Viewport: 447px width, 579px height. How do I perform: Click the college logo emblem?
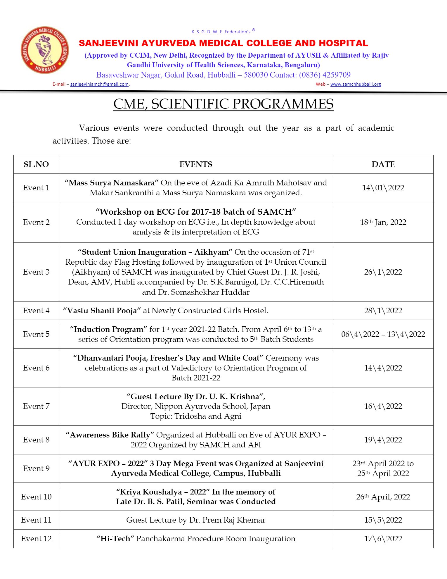coord(45,50)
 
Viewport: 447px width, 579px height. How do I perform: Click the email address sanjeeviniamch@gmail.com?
coord(99,84)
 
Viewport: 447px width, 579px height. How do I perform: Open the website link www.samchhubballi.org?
coord(356,84)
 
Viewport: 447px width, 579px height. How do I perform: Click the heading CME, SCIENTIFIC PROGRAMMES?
coord(223,104)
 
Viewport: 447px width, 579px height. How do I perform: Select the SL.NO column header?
coord(36,164)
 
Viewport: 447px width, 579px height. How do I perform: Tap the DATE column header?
coord(383,164)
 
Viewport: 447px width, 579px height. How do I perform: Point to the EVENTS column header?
coord(196,164)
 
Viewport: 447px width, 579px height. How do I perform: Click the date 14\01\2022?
coord(383,188)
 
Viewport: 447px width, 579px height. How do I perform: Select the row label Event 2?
coord(36,222)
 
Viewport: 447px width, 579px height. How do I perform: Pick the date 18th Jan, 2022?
coord(383,222)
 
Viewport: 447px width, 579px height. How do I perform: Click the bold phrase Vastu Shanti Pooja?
coord(102,311)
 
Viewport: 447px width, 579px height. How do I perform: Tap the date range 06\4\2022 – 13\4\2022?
coord(383,334)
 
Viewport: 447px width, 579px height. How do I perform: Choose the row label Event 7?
coord(36,406)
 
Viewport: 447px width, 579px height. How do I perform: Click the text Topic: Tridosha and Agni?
coord(196,416)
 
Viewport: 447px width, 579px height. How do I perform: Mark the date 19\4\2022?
coord(383,440)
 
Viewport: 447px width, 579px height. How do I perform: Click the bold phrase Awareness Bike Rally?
coord(110,435)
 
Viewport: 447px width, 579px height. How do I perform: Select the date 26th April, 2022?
coord(383,497)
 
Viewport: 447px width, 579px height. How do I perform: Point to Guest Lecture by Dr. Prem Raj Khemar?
coord(196,520)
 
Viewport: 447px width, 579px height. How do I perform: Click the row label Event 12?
coord(36,539)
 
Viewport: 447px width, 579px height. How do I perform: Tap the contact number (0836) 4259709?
coord(325,75)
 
